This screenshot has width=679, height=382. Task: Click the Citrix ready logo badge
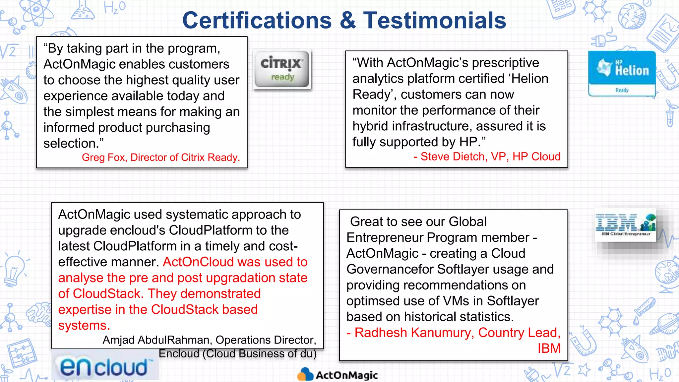(282, 69)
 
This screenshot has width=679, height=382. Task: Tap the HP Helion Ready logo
(622, 73)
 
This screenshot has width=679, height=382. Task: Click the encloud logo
(105, 367)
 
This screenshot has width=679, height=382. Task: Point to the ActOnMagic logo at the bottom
(338, 375)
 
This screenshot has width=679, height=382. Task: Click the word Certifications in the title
(257, 21)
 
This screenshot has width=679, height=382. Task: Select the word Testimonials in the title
(435, 21)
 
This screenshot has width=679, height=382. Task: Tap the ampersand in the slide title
(347, 21)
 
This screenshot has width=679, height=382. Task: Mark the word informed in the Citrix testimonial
(69, 128)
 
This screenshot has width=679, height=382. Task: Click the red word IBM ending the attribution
(549, 349)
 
